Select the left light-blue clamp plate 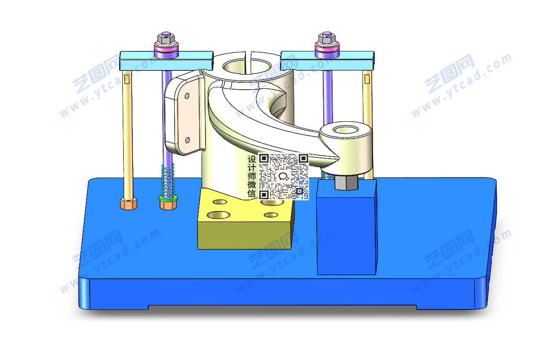[x=166, y=60]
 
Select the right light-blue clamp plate [x=327, y=60]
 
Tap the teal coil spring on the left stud [x=168, y=181]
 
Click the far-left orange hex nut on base [x=128, y=204]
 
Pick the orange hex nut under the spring [x=168, y=205]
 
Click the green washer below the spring [x=168, y=198]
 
